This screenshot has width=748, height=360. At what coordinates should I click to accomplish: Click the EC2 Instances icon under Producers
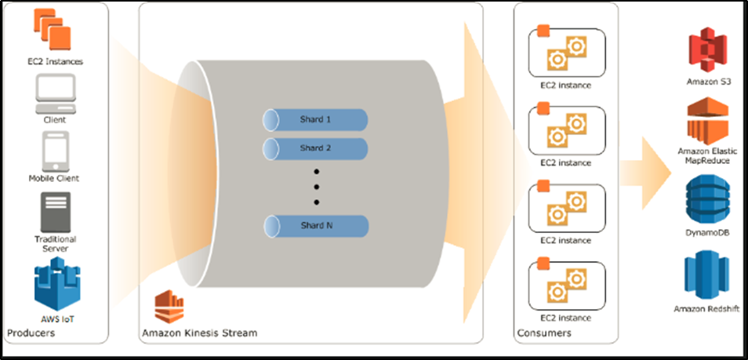pos(53,28)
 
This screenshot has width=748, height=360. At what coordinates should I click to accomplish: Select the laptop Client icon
pos(55,93)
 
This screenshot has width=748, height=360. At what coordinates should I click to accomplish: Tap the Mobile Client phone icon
pos(54,151)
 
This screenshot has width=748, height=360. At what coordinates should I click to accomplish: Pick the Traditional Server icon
pos(55,210)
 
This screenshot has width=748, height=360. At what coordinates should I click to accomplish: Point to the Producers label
pos(31,334)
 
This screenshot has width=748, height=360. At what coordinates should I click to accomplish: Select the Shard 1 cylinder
pos(315,120)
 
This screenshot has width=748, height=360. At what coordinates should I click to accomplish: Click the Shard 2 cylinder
pos(315,148)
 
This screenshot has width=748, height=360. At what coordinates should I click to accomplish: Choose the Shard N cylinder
pos(315,227)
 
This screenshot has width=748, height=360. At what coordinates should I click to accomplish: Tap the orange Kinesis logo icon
pos(168,307)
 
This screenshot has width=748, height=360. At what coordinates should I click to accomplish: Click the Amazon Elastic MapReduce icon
pos(708,119)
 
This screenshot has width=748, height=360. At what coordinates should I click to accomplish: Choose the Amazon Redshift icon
pos(708,275)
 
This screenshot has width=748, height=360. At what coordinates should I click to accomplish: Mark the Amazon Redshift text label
pos(708,309)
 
